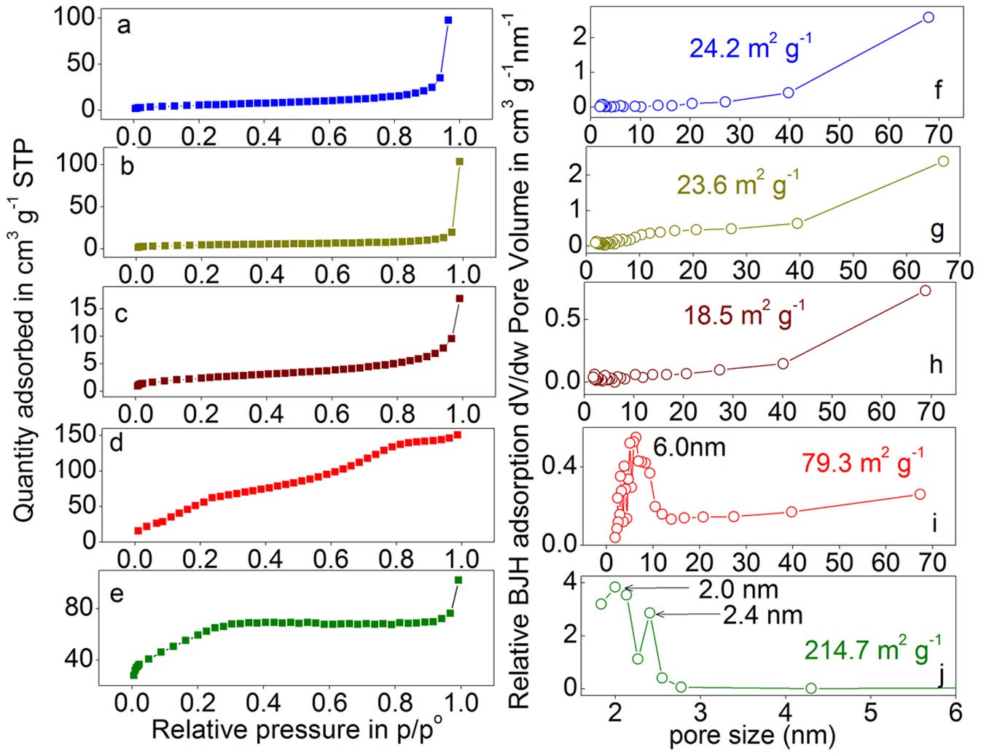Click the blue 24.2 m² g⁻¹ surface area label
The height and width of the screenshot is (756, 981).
(750, 47)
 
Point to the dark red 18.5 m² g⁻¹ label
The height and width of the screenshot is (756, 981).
(743, 315)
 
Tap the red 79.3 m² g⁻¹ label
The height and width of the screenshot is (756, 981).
(862, 462)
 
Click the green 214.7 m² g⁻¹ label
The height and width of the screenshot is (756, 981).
(872, 648)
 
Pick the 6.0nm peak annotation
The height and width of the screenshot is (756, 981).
(689, 446)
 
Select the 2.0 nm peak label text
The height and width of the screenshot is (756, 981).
(738, 589)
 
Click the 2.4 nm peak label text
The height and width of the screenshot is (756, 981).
(762, 615)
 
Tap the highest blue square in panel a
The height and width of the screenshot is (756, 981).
(448, 20)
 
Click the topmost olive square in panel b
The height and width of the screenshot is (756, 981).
(459, 162)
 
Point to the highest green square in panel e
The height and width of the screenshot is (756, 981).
(458, 580)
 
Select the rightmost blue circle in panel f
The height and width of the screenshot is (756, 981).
(929, 17)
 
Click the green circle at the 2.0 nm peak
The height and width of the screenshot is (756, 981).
(615, 587)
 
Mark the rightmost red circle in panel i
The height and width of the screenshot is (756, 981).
(920, 494)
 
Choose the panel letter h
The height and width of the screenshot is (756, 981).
(936, 364)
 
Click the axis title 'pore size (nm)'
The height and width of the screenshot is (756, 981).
(751, 736)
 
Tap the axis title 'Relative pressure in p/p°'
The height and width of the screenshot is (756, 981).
(296, 729)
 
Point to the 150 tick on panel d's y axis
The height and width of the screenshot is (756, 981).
(76, 434)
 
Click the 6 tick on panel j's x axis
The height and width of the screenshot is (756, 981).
(955, 712)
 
